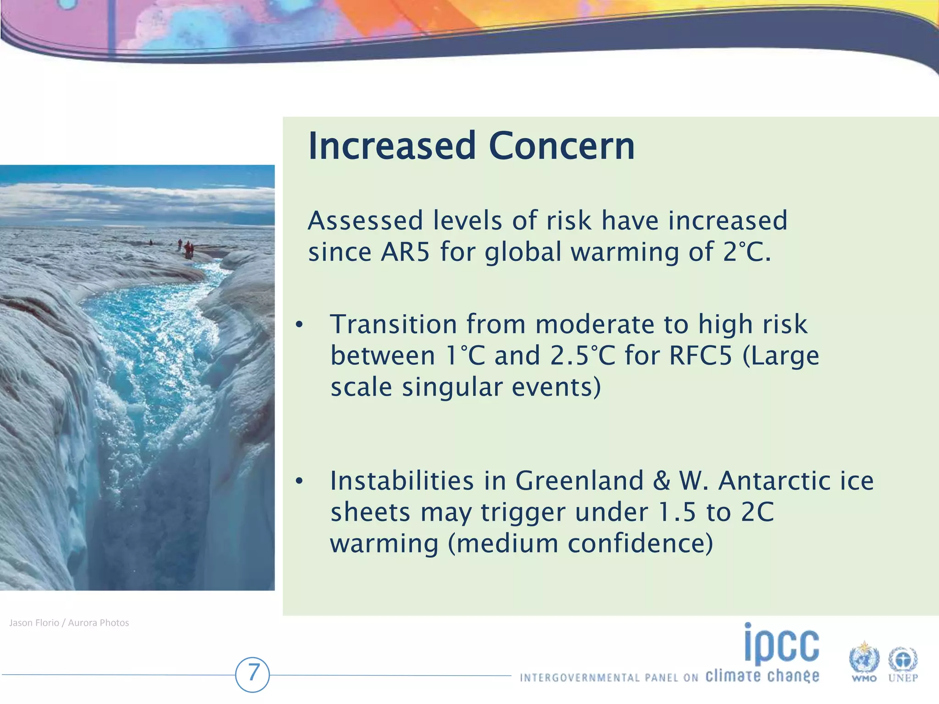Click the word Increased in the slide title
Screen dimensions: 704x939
click(392, 146)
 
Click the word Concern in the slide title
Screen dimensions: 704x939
click(562, 146)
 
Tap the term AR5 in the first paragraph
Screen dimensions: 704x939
click(405, 252)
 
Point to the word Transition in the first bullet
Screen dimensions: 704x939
click(393, 324)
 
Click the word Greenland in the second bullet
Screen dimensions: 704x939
click(580, 481)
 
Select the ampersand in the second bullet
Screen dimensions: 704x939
click(661, 481)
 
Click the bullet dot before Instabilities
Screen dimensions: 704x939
click(299, 481)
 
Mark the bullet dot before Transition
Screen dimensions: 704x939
click(299, 325)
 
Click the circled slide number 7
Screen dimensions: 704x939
click(253, 674)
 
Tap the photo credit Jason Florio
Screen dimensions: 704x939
click(34, 623)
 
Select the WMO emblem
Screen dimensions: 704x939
click(864, 660)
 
